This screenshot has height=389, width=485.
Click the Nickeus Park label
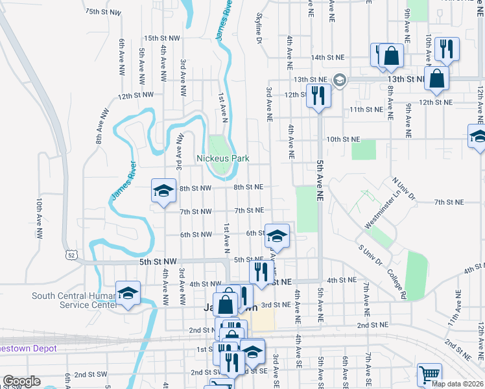click(x=223, y=158)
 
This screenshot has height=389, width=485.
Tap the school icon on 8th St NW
click(x=163, y=190)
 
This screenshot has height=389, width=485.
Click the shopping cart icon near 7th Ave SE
click(x=429, y=374)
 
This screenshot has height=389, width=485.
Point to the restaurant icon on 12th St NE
click(x=318, y=95)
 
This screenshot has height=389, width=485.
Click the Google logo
click(x=21, y=381)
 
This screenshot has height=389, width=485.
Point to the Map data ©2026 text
click(x=458, y=383)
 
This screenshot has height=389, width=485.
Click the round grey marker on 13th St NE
click(x=338, y=79)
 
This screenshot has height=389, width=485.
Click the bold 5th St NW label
click(x=158, y=262)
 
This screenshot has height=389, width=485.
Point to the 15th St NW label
click(x=161, y=39)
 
